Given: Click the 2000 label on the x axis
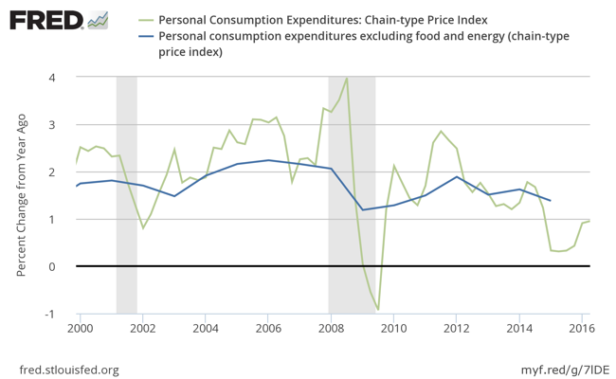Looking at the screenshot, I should pos(80,329).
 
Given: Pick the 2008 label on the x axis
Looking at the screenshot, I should pos(330,329).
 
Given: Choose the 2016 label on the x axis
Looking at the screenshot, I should pos(580,329).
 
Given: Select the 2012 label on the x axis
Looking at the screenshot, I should pos(455,329).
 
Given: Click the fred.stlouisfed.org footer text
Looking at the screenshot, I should pos(69,369).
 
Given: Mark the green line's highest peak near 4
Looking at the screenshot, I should pos(347,79).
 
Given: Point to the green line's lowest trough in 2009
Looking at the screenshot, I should pos(378,310).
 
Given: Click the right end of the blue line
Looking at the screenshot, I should pos(551,201).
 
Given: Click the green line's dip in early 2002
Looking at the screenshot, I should pos(143,228).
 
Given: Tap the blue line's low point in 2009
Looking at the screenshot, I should pos(362,209).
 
